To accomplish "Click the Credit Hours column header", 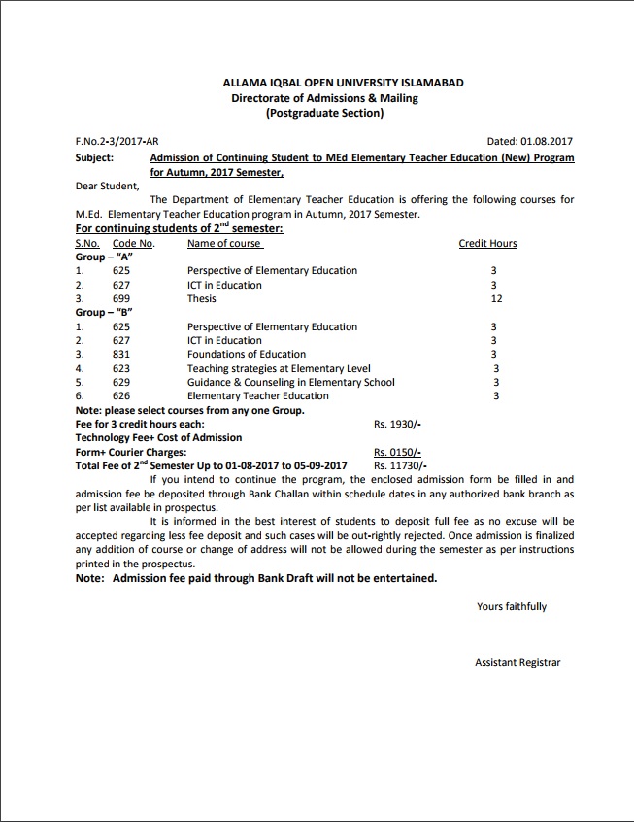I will tap(487, 244).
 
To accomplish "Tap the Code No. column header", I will tap(133, 244).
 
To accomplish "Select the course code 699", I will tap(120, 299).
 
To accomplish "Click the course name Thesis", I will tap(201, 299).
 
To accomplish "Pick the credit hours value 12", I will tap(495, 299).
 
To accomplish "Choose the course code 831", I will tap(120, 355).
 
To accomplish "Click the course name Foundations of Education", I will tap(246, 355).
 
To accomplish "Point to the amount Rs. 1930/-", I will tap(397, 425).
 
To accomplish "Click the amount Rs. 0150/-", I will tap(397, 452).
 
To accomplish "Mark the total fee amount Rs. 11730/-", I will tap(400, 466).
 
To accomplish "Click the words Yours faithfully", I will tap(512, 607).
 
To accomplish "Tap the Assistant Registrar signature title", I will tap(517, 663).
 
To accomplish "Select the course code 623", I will tap(120, 368).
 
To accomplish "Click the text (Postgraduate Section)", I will tap(324, 114).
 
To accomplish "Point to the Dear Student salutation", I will tap(107, 186).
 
